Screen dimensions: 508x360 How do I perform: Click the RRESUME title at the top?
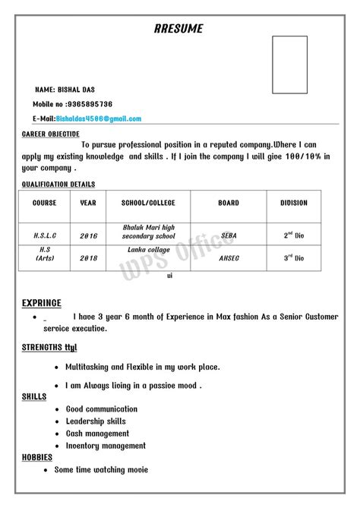pos(178,29)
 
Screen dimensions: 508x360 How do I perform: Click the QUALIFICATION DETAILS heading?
pos(58,184)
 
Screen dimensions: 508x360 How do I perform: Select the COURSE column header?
pos(45,204)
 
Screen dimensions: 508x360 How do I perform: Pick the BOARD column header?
pos(229,204)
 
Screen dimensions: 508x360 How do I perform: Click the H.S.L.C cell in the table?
pos(45,235)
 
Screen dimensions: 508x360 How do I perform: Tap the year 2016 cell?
pos(89,235)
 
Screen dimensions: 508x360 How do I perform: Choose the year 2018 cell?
pos(89,258)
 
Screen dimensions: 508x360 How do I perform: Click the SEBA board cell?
pos(229,235)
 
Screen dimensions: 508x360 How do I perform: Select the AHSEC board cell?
pos(229,258)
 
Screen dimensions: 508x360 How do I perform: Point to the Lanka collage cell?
pos(149,250)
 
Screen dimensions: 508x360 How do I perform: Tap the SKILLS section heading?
pos(35,396)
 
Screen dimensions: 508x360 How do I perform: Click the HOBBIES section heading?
pos(37,457)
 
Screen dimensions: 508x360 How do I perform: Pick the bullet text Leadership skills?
pos(96,421)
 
